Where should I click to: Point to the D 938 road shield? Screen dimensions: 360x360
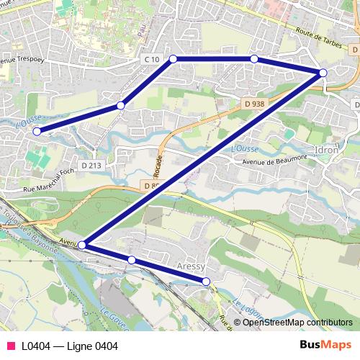click(x=253, y=103)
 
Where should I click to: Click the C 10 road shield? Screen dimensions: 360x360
click(x=150, y=58)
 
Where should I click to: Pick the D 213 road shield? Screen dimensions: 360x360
click(x=91, y=166)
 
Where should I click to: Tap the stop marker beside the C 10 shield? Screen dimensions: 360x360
click(x=173, y=58)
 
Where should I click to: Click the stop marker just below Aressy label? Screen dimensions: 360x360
click(x=206, y=281)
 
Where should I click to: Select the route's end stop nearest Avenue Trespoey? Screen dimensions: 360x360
click(x=37, y=131)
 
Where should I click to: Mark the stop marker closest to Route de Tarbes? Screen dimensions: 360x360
click(x=323, y=73)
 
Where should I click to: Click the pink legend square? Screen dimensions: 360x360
click(x=10, y=346)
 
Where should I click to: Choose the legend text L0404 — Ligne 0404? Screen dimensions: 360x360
click(x=69, y=346)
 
